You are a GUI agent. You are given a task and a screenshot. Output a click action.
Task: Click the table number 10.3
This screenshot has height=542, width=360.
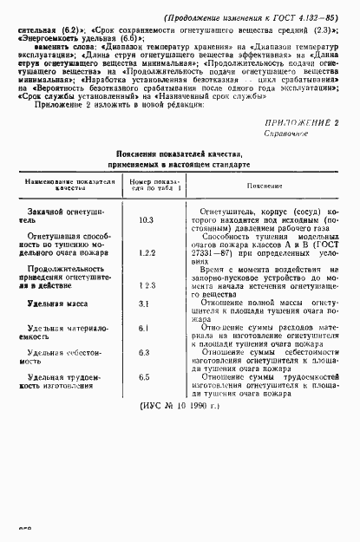pyautogui.click(x=146, y=221)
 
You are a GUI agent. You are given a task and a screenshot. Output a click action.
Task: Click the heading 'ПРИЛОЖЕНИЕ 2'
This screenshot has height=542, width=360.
pyautogui.click(x=300, y=122)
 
